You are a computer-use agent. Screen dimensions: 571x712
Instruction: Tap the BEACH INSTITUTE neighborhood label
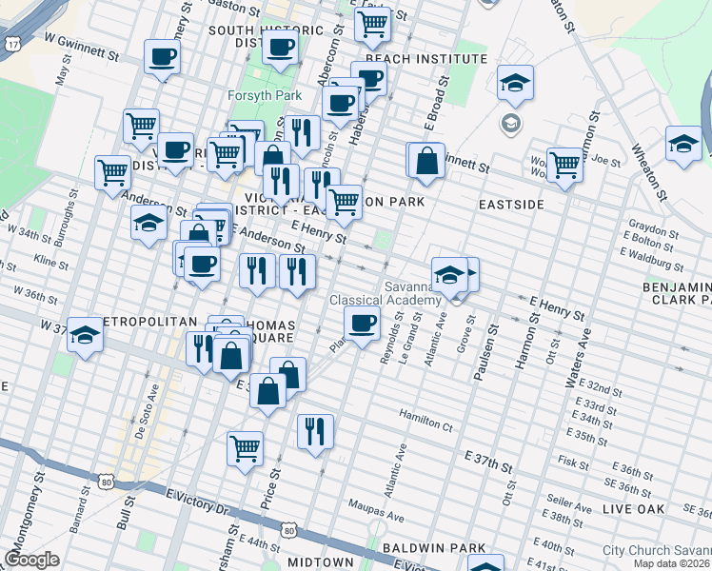coord(425,59)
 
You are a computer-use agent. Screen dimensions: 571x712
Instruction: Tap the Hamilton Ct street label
coord(425,419)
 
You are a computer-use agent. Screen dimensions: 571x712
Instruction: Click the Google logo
coord(31,560)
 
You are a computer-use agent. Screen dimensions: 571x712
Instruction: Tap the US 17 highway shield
coord(12,44)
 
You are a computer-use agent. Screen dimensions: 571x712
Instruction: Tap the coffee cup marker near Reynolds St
coord(362,324)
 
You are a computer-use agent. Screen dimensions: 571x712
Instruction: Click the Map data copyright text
coord(671,563)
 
